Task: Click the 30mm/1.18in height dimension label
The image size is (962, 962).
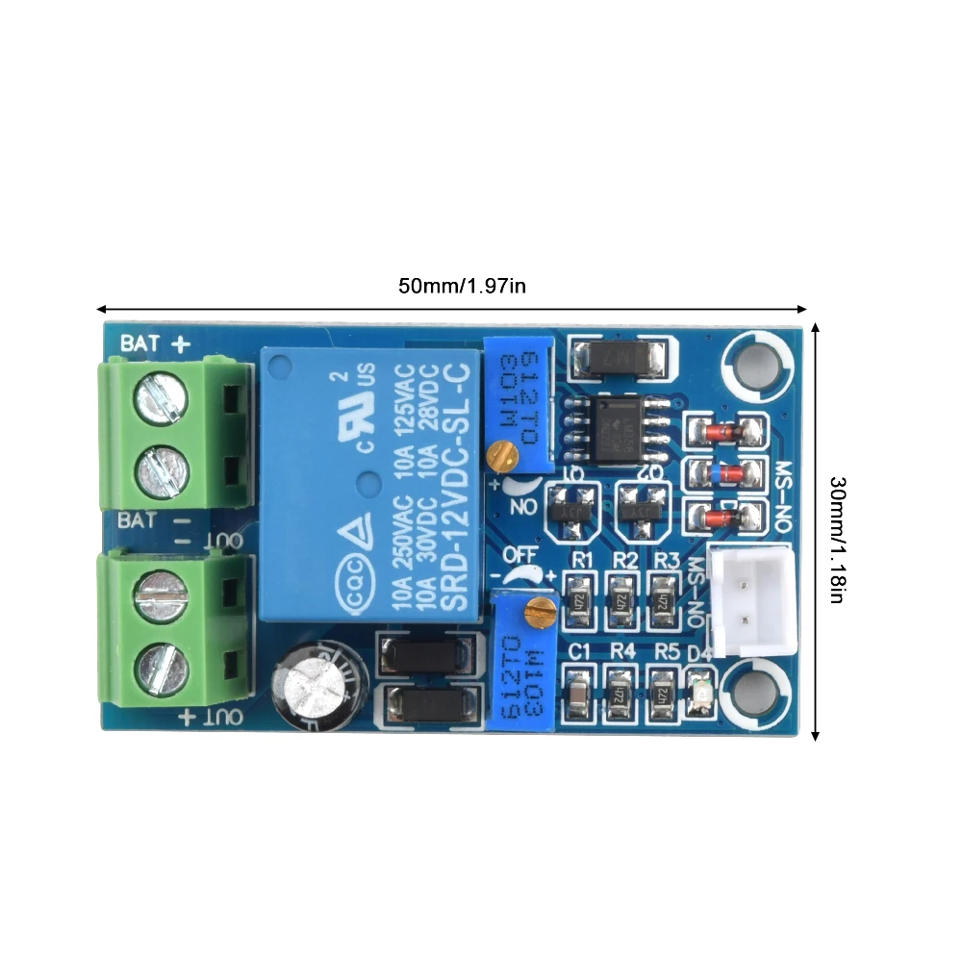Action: coord(836,539)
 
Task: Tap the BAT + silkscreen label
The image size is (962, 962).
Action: coord(153,342)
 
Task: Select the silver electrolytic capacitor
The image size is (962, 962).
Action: coord(319,686)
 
